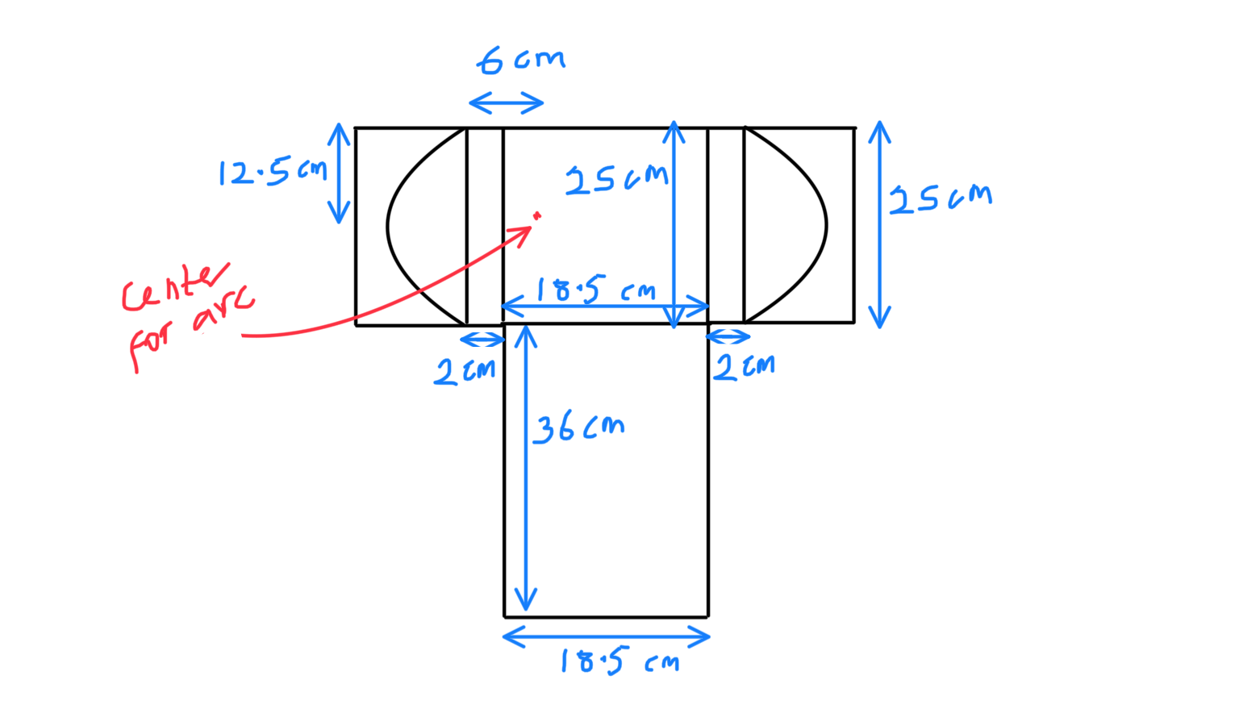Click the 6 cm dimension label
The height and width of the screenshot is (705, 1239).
point(521,60)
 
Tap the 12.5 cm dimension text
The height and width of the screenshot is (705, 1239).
point(273,172)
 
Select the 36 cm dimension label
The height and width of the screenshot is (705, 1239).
point(578,428)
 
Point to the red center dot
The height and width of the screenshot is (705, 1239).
point(537,215)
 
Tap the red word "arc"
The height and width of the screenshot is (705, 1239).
point(223,311)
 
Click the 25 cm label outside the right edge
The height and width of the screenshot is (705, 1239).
point(940,198)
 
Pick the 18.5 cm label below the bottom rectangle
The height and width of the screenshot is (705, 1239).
point(619,662)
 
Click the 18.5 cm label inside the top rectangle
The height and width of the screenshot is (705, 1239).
point(595,290)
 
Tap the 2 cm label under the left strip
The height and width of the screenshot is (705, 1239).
point(465,371)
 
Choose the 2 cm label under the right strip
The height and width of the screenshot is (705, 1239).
point(744,367)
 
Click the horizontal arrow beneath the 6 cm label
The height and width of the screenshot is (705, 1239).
point(507,102)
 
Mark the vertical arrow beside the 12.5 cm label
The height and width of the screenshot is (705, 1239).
point(339,173)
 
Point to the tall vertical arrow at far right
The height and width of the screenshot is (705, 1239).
point(880,225)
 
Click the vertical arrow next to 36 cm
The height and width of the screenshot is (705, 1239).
point(526,468)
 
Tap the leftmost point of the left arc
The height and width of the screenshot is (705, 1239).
point(388,227)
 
